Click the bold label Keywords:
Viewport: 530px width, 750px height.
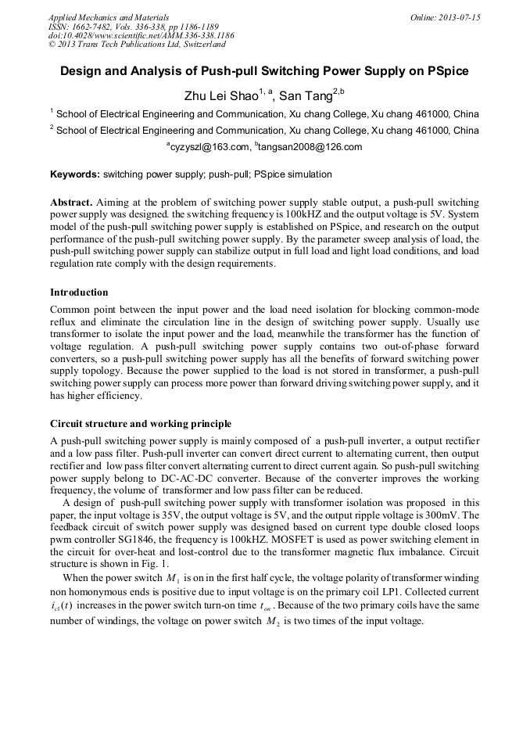(x=75, y=174)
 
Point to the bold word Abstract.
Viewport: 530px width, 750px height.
(x=71, y=201)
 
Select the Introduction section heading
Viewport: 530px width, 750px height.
(x=79, y=292)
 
